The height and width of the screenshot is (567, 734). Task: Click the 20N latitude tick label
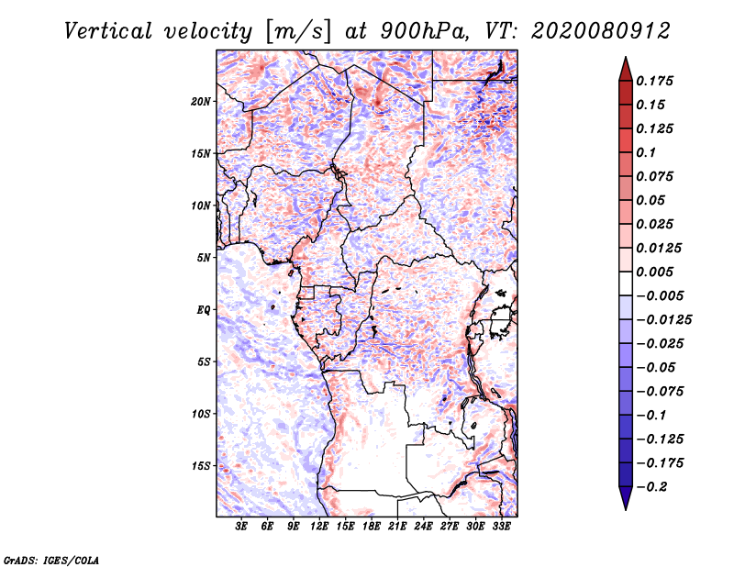201,101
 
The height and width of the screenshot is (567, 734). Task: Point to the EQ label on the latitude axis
203,309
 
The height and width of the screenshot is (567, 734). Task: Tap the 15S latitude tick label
201,465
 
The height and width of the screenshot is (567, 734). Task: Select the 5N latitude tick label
204,257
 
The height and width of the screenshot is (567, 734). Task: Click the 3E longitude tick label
241,527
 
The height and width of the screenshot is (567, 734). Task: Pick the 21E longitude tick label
397,527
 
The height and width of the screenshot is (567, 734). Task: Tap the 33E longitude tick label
501,527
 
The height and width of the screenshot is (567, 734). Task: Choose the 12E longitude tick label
319,527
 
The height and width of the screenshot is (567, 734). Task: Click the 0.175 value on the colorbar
656,81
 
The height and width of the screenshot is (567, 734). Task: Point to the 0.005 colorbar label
656,272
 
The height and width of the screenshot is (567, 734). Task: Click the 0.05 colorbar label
651,200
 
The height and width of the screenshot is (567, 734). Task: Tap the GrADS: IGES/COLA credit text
51,559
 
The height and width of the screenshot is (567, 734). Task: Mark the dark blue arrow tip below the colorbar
624,501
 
